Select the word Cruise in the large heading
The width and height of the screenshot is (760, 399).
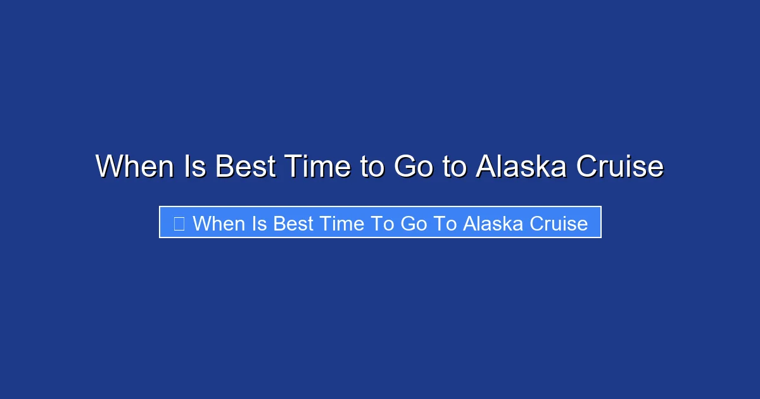pyautogui.click(x=619, y=167)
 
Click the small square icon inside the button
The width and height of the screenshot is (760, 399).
pyautogui.click(x=179, y=223)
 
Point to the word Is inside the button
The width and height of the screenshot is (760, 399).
pyautogui.click(x=261, y=224)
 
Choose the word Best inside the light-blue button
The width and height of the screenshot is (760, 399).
pyautogui.click(x=294, y=224)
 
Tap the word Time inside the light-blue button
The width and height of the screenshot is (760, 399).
pyautogui.click(x=338, y=224)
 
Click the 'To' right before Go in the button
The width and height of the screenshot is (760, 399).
pyautogui.click(x=376, y=224)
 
